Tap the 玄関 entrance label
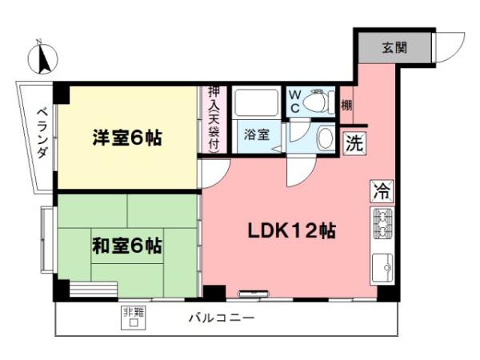click(394, 47)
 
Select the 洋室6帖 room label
click(126, 138)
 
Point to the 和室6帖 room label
click(126, 245)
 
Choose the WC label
click(294, 101)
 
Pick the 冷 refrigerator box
click(382, 191)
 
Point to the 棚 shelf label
click(346, 104)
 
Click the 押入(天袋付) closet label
click(214, 120)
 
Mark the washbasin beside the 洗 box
click(326, 138)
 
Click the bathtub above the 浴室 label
click(256, 102)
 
